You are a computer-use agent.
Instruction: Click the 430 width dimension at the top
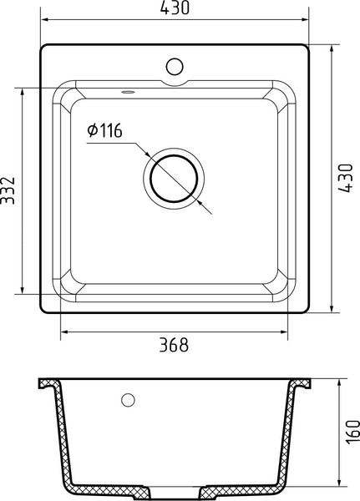pyautogui.click(x=175, y=8)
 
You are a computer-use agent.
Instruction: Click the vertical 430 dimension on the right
pyautogui.click(x=346, y=178)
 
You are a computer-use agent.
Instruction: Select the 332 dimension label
pyautogui.click(x=8, y=190)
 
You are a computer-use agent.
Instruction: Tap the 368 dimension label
pyautogui.click(x=174, y=345)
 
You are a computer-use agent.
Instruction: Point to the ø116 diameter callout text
pyautogui.click(x=105, y=130)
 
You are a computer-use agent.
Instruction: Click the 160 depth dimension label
pyautogui.click(x=353, y=432)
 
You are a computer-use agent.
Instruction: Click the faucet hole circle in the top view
pyautogui.click(x=175, y=67)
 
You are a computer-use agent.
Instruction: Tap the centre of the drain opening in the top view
pyautogui.click(x=174, y=179)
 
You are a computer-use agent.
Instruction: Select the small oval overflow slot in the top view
pyautogui.click(x=128, y=93)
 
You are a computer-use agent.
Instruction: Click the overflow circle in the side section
pyautogui.click(x=128, y=400)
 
